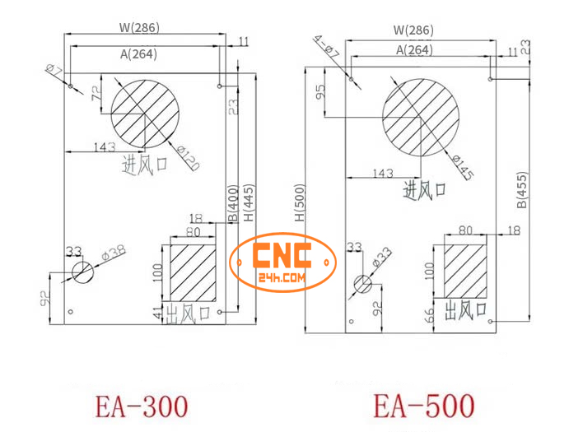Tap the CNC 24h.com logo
point(283,263)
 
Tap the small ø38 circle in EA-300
point(82,272)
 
